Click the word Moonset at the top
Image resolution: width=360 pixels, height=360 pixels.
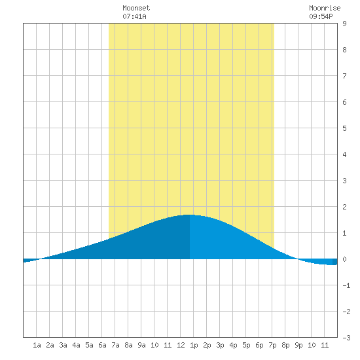136,8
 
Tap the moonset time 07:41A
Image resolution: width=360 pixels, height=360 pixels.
134,16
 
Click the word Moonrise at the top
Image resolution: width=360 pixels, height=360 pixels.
325,8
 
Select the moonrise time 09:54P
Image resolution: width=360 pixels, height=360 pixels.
321,16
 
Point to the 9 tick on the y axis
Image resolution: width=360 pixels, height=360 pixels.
344,24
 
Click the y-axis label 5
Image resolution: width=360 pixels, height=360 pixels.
344,128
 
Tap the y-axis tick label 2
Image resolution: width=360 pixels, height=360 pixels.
344,207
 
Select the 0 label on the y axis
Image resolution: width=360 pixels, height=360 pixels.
344,259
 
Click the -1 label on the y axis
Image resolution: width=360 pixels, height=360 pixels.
346,285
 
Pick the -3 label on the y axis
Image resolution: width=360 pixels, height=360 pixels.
346,338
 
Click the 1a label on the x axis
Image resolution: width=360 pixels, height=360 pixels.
37,345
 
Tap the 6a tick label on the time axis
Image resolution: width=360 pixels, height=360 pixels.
102,345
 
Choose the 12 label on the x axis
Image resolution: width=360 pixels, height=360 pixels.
181,345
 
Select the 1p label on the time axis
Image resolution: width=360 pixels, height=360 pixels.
194,345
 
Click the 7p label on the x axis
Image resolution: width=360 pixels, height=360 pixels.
272,345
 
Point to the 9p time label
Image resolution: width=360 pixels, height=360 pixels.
298,345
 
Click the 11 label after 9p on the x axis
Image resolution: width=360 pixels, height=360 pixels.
325,345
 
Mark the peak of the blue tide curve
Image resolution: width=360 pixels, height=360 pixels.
190,215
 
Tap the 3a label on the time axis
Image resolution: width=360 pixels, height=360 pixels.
63,345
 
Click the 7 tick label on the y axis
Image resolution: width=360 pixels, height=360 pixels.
344,76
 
